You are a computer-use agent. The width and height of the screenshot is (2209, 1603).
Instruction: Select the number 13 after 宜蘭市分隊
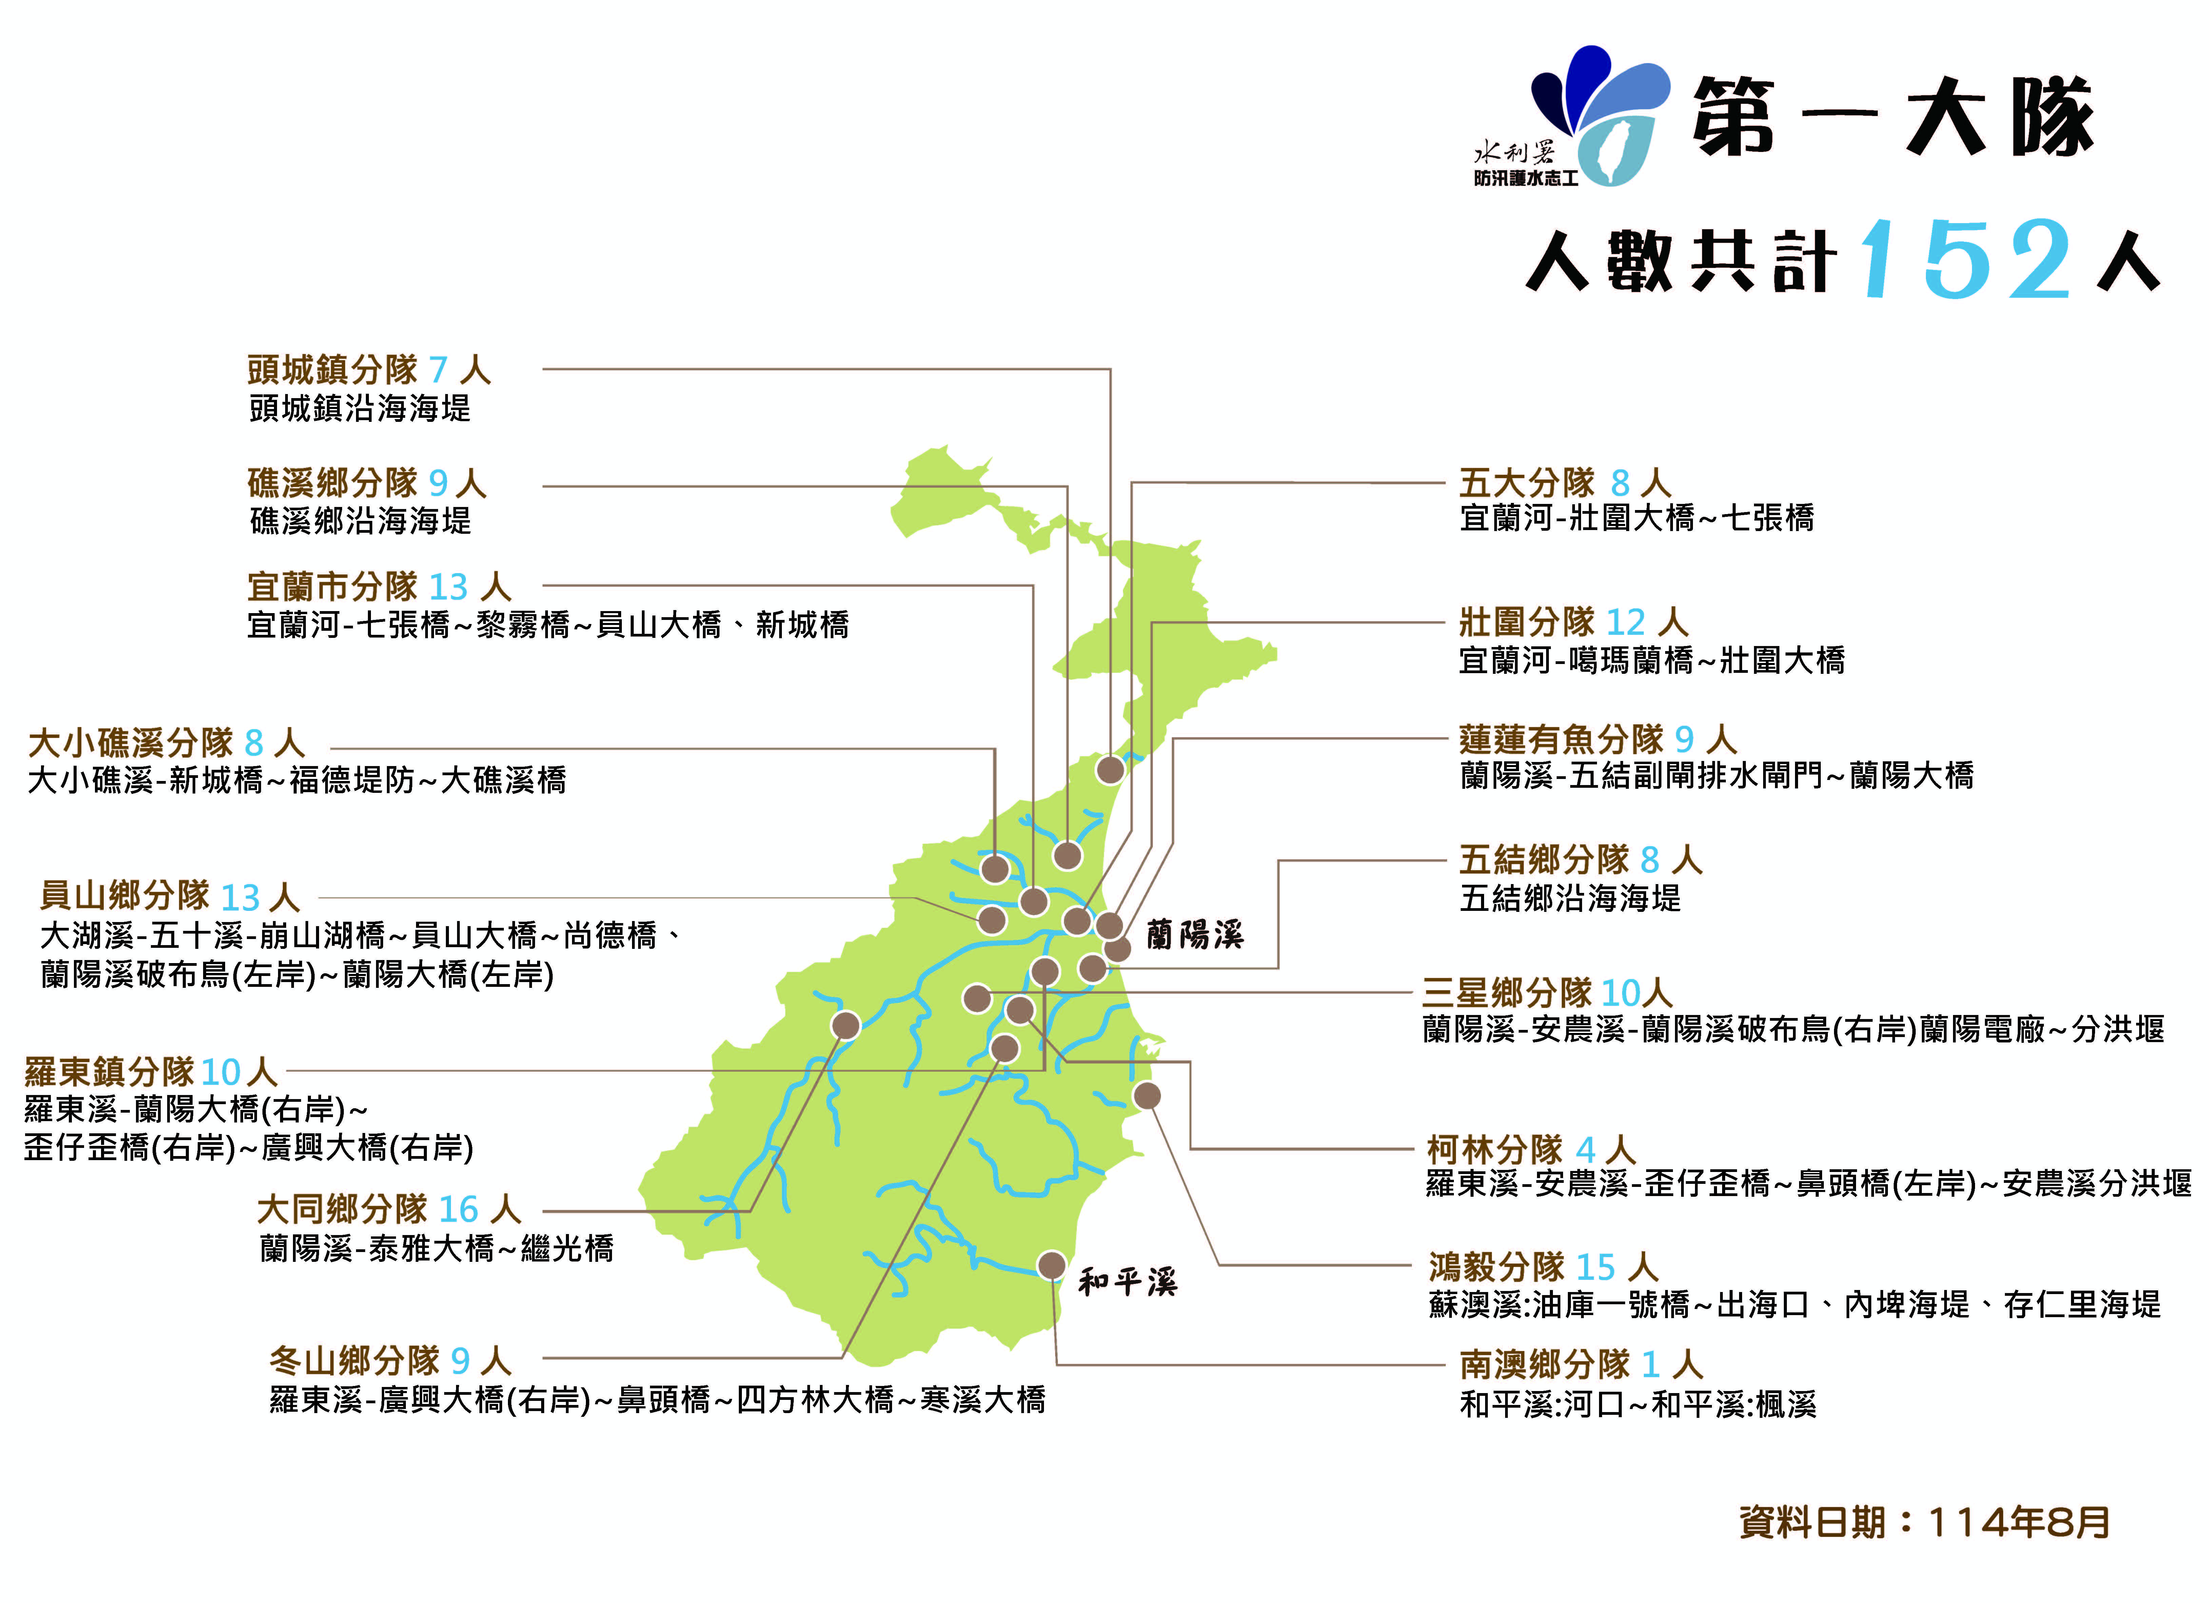tap(448, 587)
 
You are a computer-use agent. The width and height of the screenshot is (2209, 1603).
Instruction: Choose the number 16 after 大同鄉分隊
tap(458, 1210)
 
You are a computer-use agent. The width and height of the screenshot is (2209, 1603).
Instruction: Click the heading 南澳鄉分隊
tap(1544, 1364)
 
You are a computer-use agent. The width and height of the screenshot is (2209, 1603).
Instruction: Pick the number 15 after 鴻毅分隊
tap(1595, 1267)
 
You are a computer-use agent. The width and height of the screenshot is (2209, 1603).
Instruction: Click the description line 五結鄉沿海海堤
tap(1570, 898)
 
